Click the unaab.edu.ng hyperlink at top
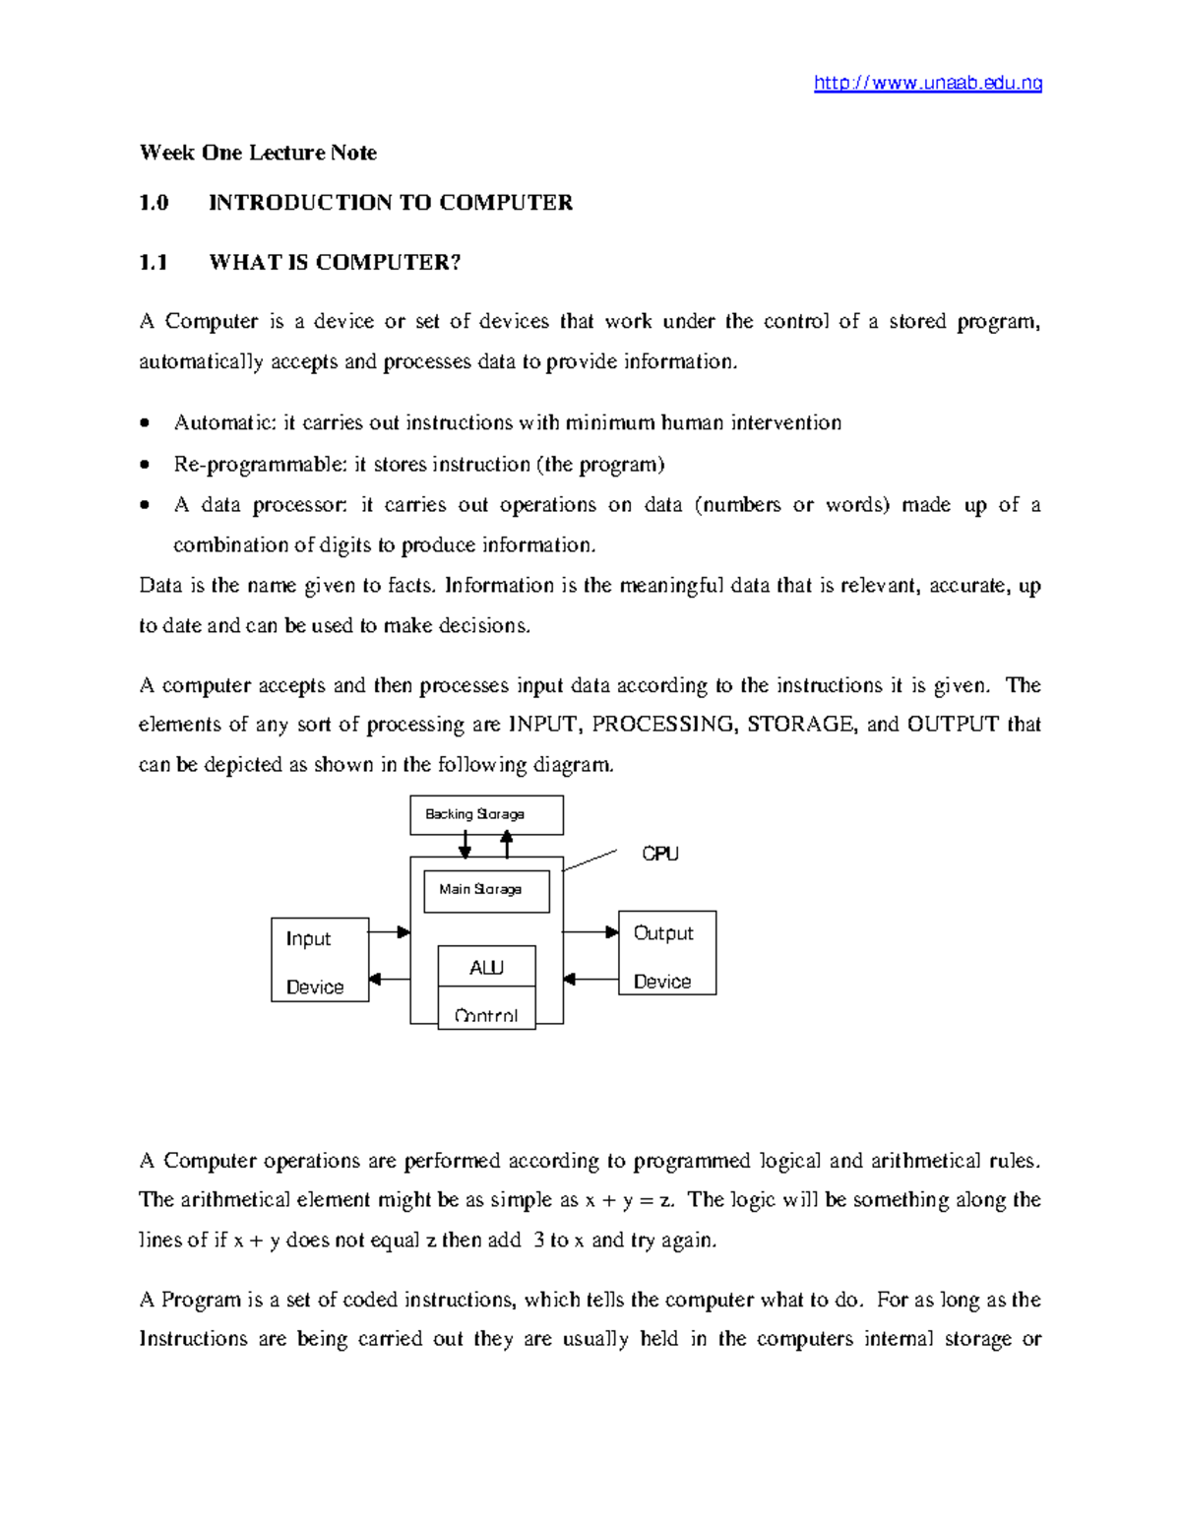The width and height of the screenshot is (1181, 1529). coord(928,83)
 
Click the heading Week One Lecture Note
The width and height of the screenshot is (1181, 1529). coord(258,153)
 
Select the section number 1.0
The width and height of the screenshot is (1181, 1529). coord(154,203)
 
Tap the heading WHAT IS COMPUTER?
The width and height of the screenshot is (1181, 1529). coord(335,262)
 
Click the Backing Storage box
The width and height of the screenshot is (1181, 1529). coord(486,814)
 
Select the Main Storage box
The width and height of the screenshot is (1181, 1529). coord(486,890)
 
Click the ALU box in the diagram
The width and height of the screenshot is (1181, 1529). coord(486,967)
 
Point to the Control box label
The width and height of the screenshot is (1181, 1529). coord(486,1015)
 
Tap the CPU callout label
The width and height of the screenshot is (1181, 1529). coord(659,855)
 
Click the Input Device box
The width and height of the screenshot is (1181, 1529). coord(320,961)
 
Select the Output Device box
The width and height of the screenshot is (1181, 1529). coord(666,954)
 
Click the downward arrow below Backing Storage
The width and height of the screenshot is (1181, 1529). coord(465,845)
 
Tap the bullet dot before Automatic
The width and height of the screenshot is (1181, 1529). coord(146,423)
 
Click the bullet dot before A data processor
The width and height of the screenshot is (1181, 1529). coord(146,505)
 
